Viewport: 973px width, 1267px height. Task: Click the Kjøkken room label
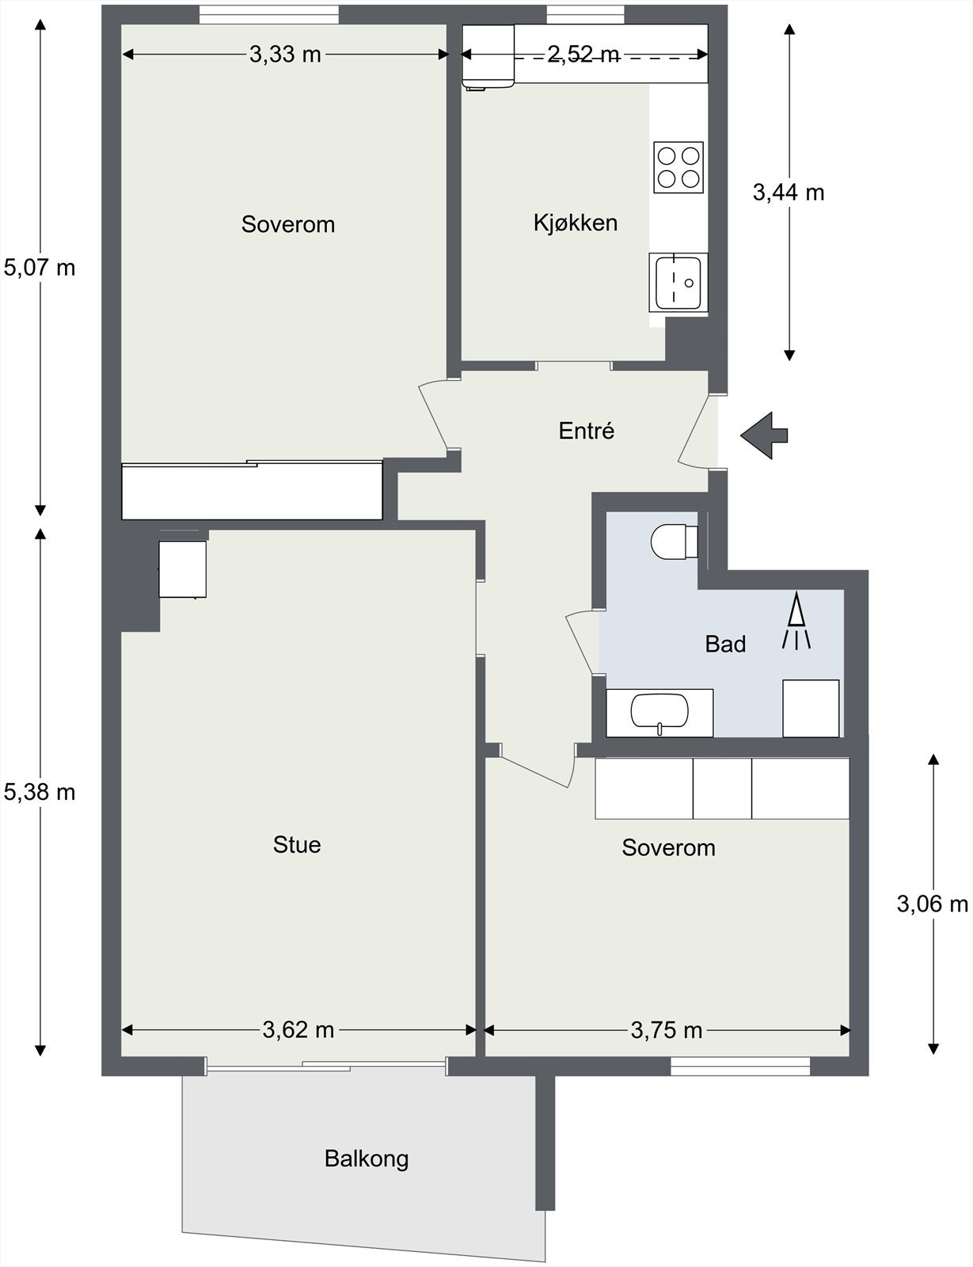click(x=576, y=223)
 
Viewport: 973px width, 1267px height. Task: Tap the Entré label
click(x=587, y=431)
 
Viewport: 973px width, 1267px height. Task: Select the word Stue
click(x=297, y=845)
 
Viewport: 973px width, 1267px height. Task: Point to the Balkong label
click(x=367, y=1159)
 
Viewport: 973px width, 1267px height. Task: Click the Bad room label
click(x=725, y=644)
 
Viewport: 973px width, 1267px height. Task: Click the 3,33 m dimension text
click(x=285, y=54)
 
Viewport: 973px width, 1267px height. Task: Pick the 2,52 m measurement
click(x=583, y=54)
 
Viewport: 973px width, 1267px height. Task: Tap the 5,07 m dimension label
click(x=40, y=268)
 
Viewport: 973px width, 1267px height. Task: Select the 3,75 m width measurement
click(x=667, y=1030)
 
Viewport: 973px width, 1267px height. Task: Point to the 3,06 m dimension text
click(x=932, y=904)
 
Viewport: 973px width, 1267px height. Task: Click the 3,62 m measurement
click(x=298, y=1030)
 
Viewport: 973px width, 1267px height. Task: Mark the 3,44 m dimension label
click(x=789, y=192)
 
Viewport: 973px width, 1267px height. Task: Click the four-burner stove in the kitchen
click(x=678, y=167)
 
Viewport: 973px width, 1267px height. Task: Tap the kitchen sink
click(x=678, y=283)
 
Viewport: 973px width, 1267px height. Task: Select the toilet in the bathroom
click(x=675, y=542)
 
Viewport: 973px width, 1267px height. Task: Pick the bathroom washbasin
click(x=659, y=712)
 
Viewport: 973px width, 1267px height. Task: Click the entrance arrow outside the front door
click(x=764, y=436)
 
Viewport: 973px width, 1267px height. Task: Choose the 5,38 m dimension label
click(x=40, y=792)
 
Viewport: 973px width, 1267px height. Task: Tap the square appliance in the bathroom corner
click(x=811, y=709)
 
